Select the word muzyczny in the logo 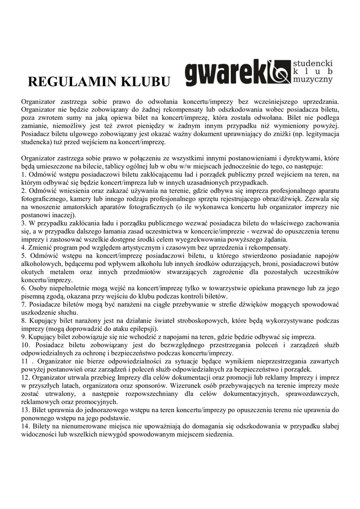[x=313, y=80]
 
